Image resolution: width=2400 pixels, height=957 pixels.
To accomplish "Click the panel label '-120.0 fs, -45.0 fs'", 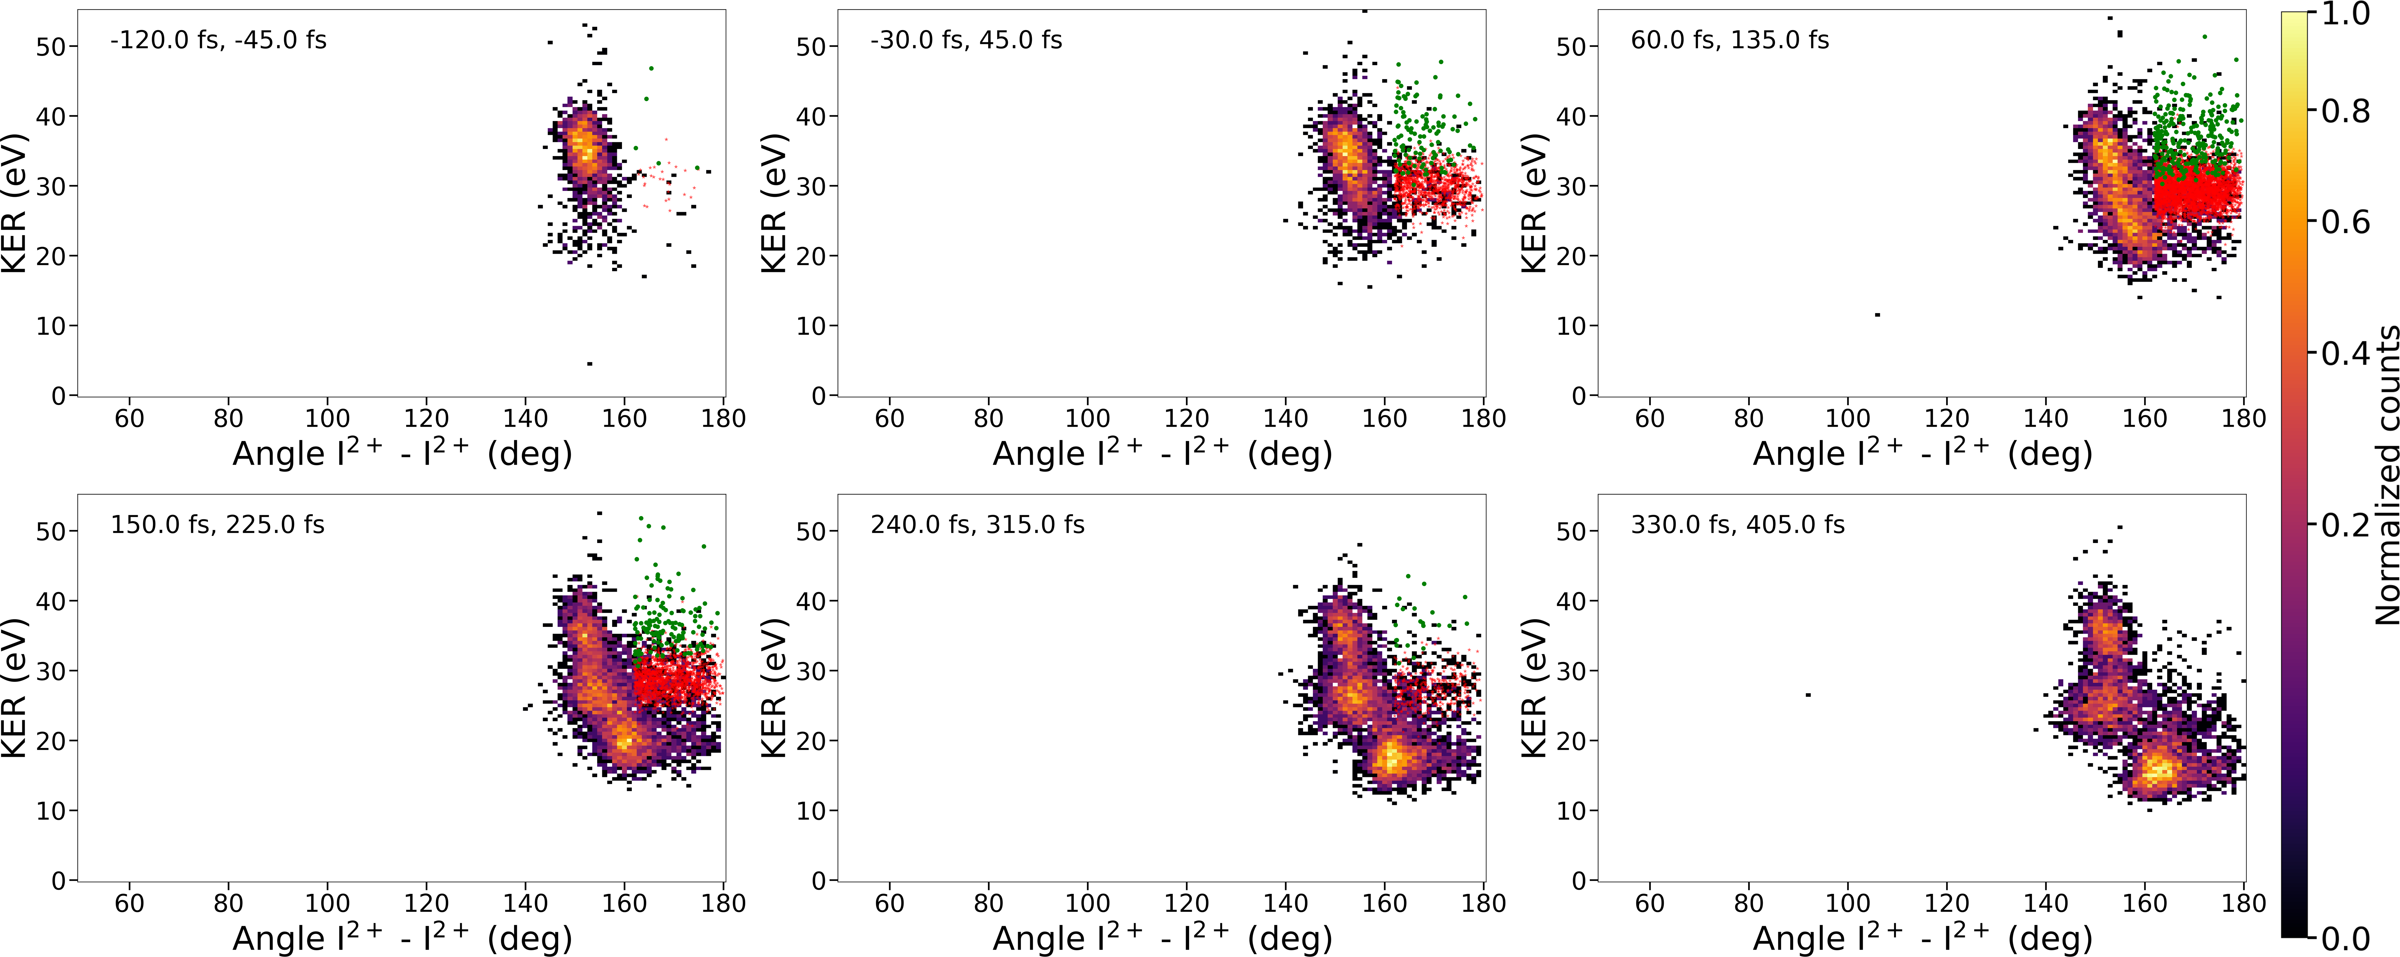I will [218, 40].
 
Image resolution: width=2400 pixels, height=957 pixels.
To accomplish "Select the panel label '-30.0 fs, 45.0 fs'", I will [966, 40].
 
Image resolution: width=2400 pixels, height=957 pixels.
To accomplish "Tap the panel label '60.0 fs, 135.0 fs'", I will [1729, 40].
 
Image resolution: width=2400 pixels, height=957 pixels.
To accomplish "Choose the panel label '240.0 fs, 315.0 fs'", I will [977, 525].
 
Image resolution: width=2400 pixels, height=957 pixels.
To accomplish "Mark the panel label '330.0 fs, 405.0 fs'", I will [1737, 525].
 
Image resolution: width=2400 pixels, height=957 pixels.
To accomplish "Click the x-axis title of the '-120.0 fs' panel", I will [402, 454].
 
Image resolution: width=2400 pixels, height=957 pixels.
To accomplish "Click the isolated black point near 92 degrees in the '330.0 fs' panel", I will [1808, 694].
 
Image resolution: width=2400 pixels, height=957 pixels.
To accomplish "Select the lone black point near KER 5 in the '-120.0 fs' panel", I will [590, 363].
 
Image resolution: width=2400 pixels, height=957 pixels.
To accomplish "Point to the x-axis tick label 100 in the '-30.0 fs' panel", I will [1087, 419].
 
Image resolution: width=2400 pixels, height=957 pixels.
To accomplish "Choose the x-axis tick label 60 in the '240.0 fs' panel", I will [890, 903].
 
